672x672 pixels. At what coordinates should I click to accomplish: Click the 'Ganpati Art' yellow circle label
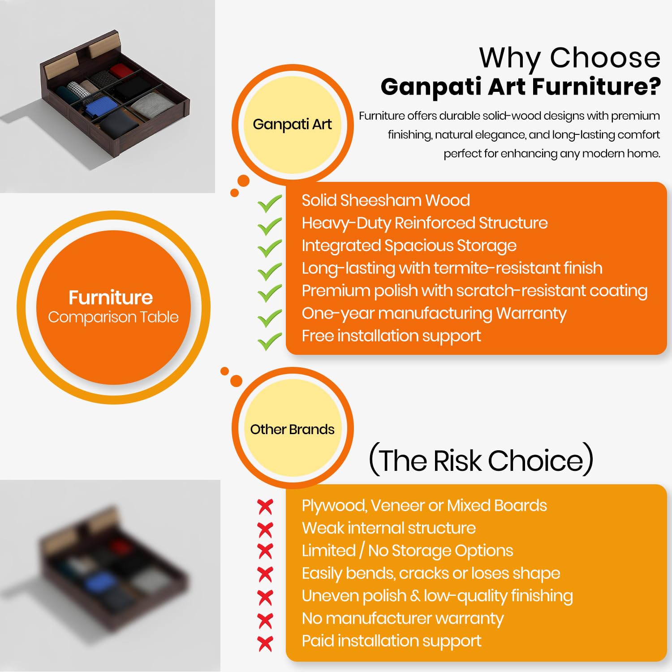(293, 125)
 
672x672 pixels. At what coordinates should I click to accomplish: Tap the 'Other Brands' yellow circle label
(293, 429)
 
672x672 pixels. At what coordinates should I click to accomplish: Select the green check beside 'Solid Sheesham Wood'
(270, 203)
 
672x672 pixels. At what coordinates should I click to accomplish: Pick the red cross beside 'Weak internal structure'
(265, 530)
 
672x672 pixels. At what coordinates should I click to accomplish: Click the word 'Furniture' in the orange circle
(111, 297)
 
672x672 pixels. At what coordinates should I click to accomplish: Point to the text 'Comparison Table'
(113, 317)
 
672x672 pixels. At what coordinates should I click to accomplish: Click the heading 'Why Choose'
(570, 58)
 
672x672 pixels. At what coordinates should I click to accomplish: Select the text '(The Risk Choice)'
(481, 460)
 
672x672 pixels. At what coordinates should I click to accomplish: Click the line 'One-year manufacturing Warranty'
(434, 314)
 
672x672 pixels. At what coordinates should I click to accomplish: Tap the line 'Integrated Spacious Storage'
(409, 246)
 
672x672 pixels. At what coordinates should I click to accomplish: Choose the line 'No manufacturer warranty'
(403, 619)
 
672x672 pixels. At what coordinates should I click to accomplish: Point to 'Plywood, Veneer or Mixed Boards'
(424, 506)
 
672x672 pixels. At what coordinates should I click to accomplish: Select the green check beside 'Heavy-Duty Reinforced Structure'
(270, 226)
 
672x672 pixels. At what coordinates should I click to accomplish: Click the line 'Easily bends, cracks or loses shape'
(431, 573)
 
